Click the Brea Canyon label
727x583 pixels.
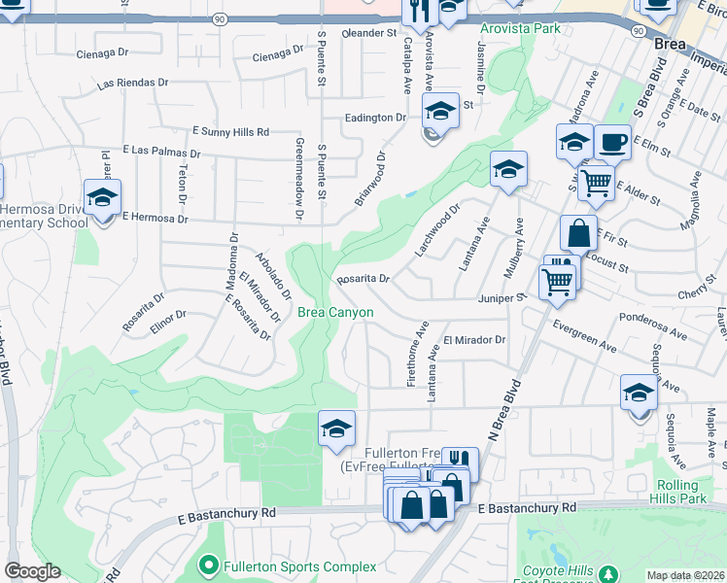pyautogui.click(x=335, y=312)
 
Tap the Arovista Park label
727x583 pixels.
pyautogui.click(x=519, y=28)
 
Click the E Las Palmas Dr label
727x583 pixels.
pyautogui.click(x=161, y=153)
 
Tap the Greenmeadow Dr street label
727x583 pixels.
pyautogui.click(x=298, y=177)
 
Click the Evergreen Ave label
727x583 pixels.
pyautogui.click(x=585, y=338)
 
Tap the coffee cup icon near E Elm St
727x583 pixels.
pyautogui.click(x=612, y=142)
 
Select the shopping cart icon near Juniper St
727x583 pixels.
pyautogui.click(x=558, y=281)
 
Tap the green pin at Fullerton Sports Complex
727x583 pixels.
pyautogui.click(x=207, y=565)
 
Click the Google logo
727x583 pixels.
pyautogui.click(x=31, y=571)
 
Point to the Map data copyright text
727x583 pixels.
pyautogui.click(x=686, y=575)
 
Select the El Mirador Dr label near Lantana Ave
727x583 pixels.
pyautogui.click(x=475, y=340)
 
